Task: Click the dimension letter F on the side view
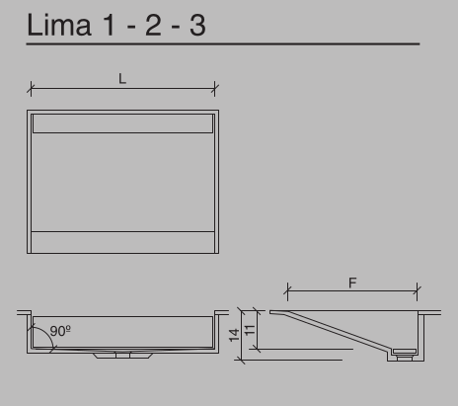pyautogui.click(x=352, y=283)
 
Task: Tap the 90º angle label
pyautogui.click(x=60, y=330)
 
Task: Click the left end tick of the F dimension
pyautogui.click(x=287, y=290)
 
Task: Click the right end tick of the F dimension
pyautogui.click(x=417, y=290)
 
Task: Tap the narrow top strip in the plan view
pyautogui.click(x=122, y=122)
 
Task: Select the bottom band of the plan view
pyautogui.click(x=122, y=242)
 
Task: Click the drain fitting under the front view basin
pyautogui.click(x=122, y=356)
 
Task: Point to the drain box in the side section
pyautogui.click(x=404, y=350)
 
